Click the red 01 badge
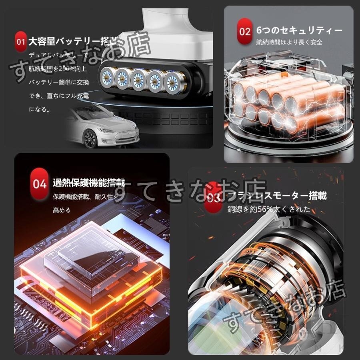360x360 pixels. [x=21, y=41]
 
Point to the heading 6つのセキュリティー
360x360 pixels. [x=300, y=31]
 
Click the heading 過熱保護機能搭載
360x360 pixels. [x=89, y=184]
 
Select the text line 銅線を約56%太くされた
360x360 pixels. [x=269, y=209]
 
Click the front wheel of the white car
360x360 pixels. [x=90, y=139]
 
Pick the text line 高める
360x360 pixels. [x=62, y=210]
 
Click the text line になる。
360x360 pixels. [x=39, y=109]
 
